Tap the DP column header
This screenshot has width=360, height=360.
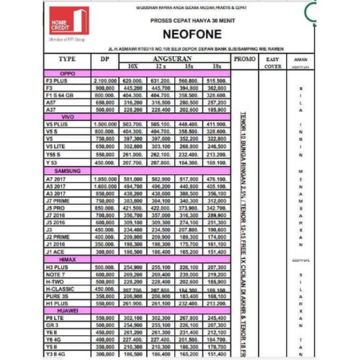[105, 59]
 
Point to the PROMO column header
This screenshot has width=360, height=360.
[244, 59]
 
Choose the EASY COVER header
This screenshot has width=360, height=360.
[273, 62]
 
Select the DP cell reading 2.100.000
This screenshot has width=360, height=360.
[105, 81]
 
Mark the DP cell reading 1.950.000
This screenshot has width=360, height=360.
[105, 178]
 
